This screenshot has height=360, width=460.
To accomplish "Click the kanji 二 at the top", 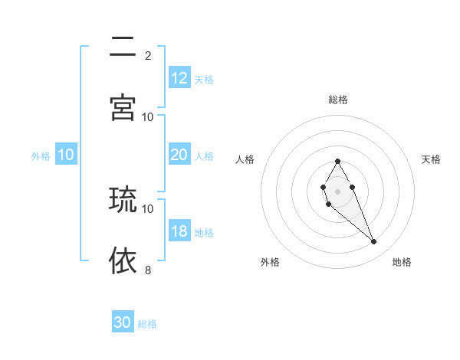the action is pos(123,48).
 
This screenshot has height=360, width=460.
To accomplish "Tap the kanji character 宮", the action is pos(123,108).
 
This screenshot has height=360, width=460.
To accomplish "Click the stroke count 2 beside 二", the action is pos(148,55).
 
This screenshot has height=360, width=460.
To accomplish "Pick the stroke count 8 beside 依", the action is pos(148,269).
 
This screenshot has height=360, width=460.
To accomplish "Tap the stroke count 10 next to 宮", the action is pos(148,116).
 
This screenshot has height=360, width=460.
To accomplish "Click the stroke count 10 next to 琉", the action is pos(148,208).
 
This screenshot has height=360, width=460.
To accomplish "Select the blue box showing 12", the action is pos(179,78).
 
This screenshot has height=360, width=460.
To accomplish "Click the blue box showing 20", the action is pos(179,155).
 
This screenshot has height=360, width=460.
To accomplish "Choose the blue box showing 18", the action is pos(179,231).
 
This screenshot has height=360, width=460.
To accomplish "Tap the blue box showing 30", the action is pos(123,322).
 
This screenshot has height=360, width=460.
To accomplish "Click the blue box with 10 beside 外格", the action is pos(66,155).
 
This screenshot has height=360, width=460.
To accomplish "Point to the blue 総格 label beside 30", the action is pos(147,324).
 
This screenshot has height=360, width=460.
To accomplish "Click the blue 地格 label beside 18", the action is pos(204,233).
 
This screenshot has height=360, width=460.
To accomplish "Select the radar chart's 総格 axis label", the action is pos(337,100).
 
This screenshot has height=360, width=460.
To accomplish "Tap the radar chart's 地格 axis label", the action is pos(402,262).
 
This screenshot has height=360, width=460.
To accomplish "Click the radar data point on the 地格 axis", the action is pos(373,242).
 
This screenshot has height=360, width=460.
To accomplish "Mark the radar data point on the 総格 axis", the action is pos(337,161).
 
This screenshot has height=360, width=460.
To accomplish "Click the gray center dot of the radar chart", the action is pos(337,190).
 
